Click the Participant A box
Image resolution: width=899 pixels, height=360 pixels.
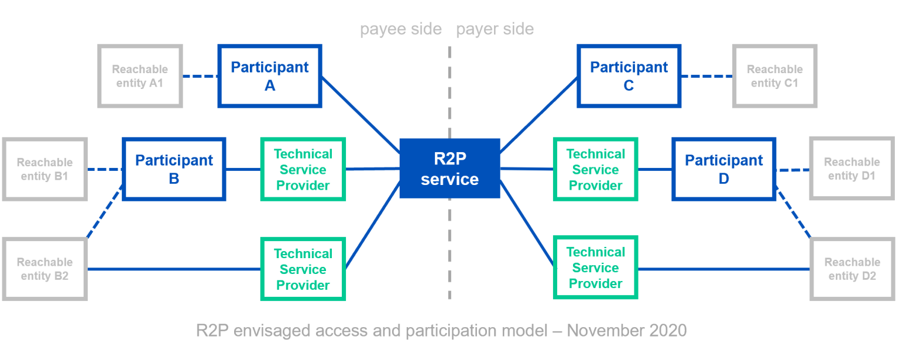(270, 76)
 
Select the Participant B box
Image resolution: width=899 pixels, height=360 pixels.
(174, 169)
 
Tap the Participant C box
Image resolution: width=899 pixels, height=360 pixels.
(629, 76)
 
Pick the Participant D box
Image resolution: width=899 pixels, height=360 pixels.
(724, 169)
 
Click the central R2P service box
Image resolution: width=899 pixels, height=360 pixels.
(449, 169)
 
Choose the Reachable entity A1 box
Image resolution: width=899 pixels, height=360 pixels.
(140, 76)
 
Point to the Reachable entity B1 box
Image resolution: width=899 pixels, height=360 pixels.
(45, 169)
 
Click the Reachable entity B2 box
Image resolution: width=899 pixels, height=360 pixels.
(45, 269)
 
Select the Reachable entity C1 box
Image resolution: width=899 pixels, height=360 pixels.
(774, 76)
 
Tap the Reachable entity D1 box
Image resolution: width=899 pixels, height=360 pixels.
(852, 169)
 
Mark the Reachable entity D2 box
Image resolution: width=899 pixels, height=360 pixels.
(852, 269)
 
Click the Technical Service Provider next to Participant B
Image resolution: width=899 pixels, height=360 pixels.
(303, 169)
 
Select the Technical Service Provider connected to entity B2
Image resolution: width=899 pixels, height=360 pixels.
(303, 269)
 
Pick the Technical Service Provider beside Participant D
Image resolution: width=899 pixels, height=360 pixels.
(595, 169)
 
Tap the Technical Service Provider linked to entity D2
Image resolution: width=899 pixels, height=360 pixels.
(595, 268)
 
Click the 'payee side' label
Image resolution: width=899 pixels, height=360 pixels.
(401, 29)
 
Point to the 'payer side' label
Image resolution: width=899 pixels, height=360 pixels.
(495, 29)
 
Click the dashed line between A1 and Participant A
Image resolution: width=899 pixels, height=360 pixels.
(200, 76)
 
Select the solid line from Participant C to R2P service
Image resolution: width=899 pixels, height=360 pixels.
(538, 114)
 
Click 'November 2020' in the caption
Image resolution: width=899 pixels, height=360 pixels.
(626, 331)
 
